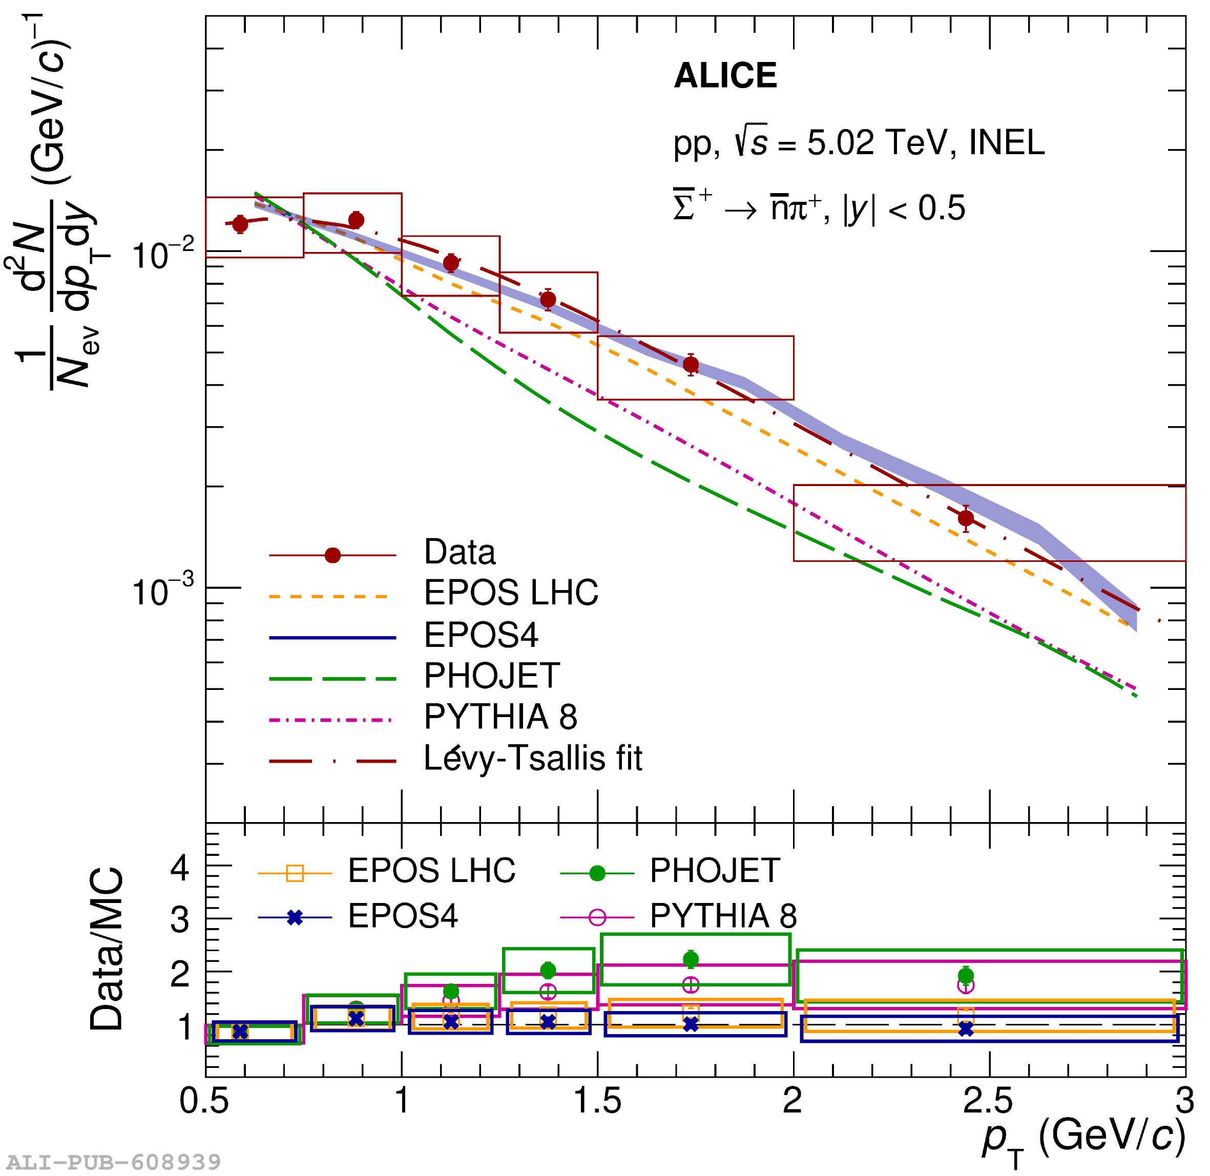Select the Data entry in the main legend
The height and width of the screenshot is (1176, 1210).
[460, 552]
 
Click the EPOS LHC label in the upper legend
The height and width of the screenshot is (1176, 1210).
[511, 593]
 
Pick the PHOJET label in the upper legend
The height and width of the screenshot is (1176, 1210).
[492, 676]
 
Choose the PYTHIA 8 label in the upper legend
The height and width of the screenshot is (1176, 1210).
[500, 717]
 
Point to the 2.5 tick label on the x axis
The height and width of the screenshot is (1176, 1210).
[988, 1101]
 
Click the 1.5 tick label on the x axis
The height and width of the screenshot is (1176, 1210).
[597, 1101]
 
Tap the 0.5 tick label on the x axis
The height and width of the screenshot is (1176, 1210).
[204, 1101]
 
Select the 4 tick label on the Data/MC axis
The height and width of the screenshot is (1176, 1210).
[180, 868]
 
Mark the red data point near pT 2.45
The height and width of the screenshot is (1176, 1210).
[966, 518]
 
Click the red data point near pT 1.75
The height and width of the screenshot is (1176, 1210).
[691, 365]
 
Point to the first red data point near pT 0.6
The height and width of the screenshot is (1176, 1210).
[240, 224]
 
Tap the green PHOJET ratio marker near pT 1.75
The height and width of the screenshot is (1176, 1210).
[691, 959]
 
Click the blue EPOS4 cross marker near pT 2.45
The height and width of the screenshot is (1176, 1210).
[966, 1030]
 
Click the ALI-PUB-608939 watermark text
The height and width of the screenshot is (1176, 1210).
[114, 1162]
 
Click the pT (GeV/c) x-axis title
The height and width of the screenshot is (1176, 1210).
[1084, 1138]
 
